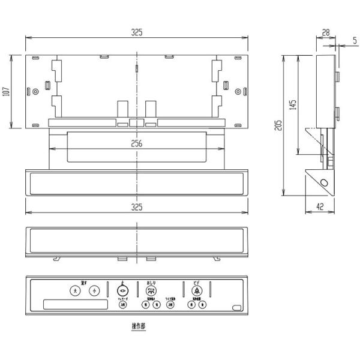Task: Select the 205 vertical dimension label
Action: point(278,125)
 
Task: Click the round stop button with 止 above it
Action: point(122,290)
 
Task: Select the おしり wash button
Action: point(151,290)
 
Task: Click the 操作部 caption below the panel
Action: point(138,326)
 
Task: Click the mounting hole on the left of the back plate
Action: point(35,92)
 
